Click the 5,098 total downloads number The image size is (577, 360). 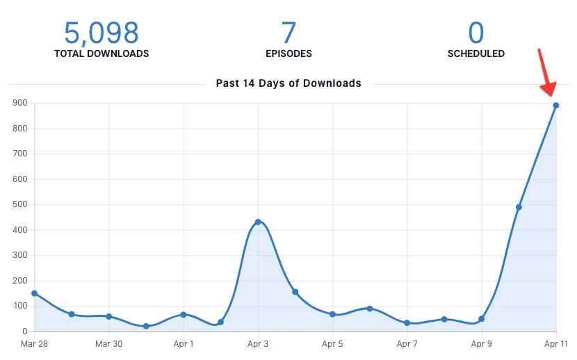101,32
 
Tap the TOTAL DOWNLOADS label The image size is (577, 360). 101,54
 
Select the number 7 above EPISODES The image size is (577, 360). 288,32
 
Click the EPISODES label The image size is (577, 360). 288,54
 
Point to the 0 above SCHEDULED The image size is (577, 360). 476,32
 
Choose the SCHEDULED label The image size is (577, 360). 476,54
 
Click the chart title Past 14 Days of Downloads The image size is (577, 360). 288,83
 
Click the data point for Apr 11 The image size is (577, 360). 556,106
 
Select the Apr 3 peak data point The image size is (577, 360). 258,222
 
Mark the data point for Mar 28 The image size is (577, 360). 34,293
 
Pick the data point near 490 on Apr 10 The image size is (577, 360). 519,207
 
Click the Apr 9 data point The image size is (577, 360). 481,319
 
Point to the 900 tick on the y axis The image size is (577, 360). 19,103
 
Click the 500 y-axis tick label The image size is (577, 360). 19,204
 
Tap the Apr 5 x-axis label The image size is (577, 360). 332,344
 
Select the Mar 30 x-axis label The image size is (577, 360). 108,344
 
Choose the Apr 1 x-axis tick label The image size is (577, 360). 184,344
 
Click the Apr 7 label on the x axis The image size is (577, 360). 407,344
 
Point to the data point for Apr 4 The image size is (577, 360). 295,292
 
